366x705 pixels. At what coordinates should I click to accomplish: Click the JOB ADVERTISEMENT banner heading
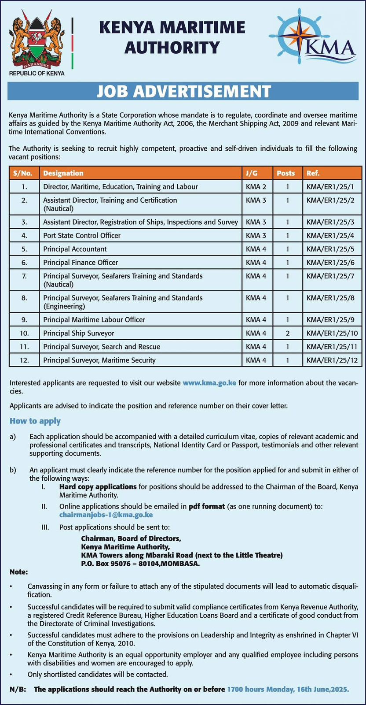tap(183, 91)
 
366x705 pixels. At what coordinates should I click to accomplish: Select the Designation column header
tap(63, 173)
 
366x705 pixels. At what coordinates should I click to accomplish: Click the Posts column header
tap(286, 173)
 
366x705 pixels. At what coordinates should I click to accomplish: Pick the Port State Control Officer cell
tap(82, 235)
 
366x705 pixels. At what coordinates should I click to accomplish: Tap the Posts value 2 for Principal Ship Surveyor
tap(287, 333)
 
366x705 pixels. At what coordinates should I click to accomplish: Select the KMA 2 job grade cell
tap(256, 187)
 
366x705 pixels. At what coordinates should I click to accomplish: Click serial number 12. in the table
tap(24, 360)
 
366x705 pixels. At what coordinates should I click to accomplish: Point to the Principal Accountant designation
tap(75, 249)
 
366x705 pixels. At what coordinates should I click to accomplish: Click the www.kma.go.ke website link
tap(209, 382)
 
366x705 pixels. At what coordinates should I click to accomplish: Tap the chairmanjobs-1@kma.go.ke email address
tap(106, 515)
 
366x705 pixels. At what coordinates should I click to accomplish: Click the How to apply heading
tap(35, 421)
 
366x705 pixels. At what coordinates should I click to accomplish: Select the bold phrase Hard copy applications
tap(98, 487)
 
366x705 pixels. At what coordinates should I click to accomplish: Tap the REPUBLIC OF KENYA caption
tap(37, 73)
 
